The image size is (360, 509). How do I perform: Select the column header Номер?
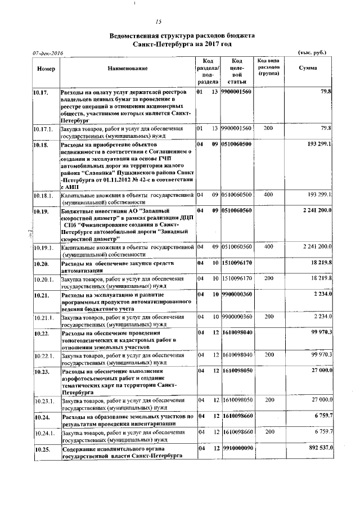coord(45,68)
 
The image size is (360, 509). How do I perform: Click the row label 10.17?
coord(40,91)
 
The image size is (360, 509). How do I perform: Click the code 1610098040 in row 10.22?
coord(236,333)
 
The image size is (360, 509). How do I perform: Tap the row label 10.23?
coord(40,371)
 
